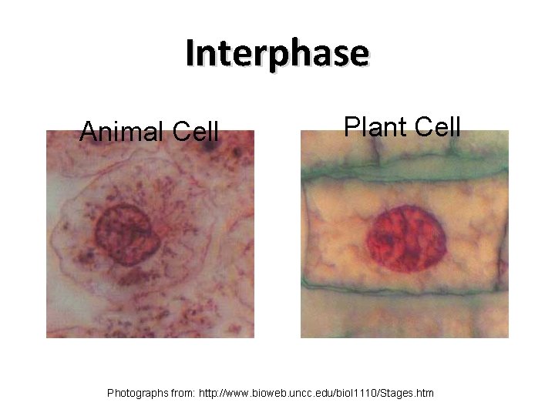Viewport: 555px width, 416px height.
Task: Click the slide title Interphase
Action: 277,54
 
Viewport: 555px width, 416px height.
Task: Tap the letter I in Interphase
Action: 190,52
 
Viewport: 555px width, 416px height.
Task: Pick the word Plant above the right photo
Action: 373,126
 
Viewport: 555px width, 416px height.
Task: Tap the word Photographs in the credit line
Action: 137,394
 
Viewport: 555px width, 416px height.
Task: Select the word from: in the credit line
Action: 182,394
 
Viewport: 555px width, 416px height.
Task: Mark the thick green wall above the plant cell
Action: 405,179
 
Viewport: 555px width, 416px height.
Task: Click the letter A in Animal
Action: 88,132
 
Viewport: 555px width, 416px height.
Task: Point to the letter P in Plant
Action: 351,126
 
